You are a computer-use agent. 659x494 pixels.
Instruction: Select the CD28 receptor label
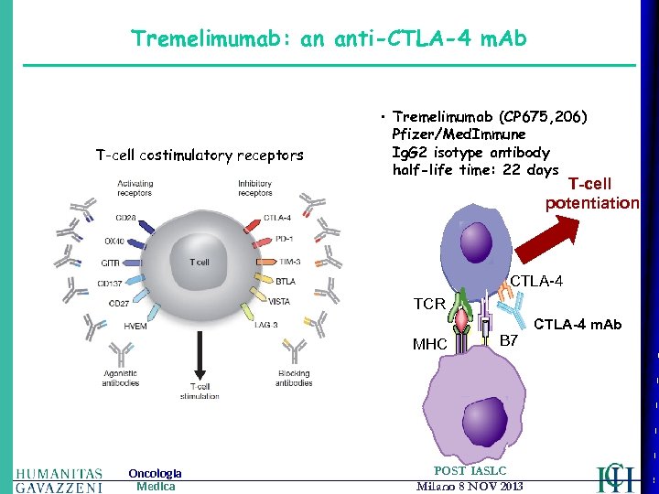point(127,218)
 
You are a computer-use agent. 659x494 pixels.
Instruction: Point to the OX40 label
point(116,241)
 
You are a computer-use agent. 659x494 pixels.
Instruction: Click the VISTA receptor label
point(280,301)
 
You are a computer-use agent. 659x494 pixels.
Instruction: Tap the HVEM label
point(135,326)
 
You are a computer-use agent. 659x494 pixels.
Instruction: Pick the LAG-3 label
point(267,325)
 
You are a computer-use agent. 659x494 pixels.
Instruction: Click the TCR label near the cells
point(429,303)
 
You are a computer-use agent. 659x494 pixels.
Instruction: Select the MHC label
point(429,345)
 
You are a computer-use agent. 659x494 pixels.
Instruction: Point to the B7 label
point(509,341)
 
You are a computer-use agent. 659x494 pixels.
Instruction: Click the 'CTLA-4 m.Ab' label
point(578,325)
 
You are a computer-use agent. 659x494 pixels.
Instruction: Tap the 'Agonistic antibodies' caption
point(121,378)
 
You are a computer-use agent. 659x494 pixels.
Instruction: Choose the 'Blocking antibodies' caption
point(293,378)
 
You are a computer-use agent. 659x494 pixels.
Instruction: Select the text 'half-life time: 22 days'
point(475,170)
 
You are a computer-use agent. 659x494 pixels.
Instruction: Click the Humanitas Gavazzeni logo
point(59,478)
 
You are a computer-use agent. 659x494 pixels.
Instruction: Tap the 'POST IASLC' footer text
point(470,470)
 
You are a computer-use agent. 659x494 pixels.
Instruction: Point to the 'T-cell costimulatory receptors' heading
point(200,156)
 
